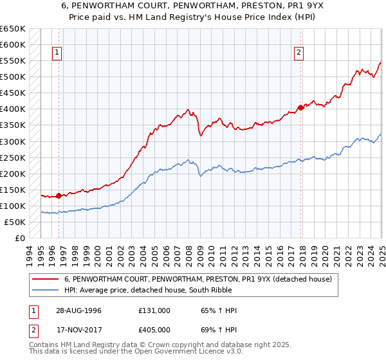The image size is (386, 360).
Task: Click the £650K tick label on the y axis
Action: point(13,29)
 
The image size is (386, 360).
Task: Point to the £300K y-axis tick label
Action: point(13,141)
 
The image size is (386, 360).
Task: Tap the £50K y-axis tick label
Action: point(15,222)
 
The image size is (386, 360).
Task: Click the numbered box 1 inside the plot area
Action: point(58,53)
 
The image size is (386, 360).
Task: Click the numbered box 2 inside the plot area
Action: point(300,53)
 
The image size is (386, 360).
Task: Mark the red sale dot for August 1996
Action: point(59,195)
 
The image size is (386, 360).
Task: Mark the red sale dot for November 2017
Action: point(300,107)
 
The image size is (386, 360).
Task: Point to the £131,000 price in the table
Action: point(154,310)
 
